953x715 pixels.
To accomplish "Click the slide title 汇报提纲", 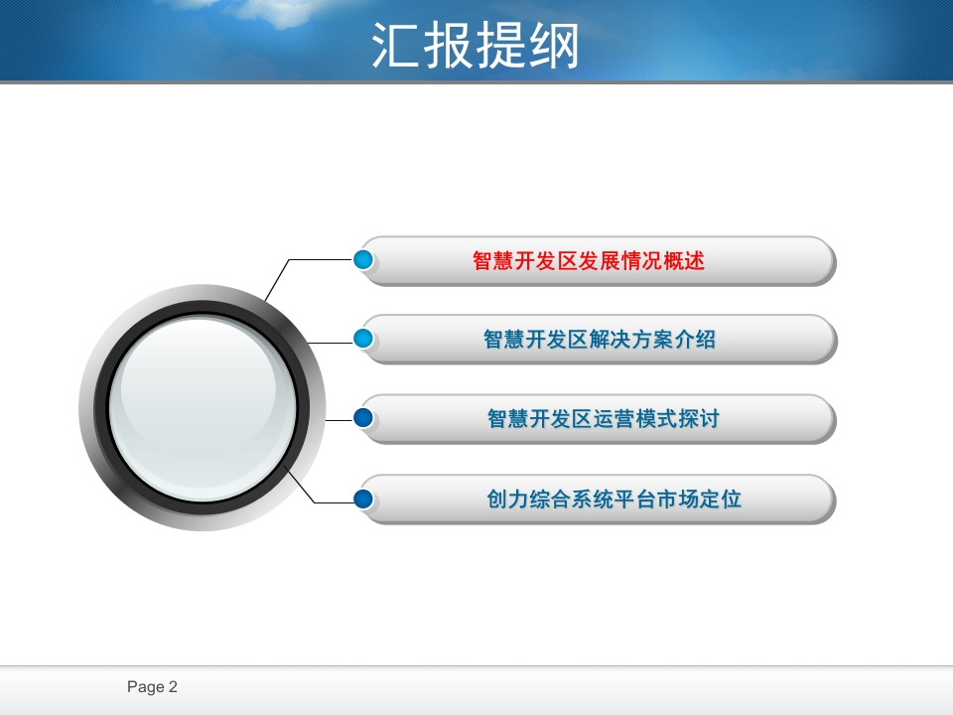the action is pyautogui.click(x=475, y=46).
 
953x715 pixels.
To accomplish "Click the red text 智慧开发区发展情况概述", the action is pyautogui.click(x=589, y=261).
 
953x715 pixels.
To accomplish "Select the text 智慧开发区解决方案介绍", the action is pyautogui.click(x=600, y=340).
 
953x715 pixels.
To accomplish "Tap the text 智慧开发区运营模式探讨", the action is pyautogui.click(x=604, y=419).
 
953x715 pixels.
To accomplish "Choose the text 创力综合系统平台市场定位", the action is pyautogui.click(x=613, y=500).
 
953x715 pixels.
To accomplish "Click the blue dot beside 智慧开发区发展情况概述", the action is pyautogui.click(x=363, y=259).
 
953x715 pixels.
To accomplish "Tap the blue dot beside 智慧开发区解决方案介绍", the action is pyautogui.click(x=363, y=338).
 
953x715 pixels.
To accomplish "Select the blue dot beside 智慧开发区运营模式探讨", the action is pyautogui.click(x=363, y=418).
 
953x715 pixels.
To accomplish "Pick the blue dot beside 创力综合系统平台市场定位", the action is pyautogui.click(x=363, y=499).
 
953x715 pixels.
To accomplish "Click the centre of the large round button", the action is pyautogui.click(x=203, y=407).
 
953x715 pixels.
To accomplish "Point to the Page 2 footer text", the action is pyautogui.click(x=152, y=687).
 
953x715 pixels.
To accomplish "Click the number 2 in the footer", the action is pyautogui.click(x=173, y=686).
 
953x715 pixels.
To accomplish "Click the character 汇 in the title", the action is pyautogui.click(x=395, y=46).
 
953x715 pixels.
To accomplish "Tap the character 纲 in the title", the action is pyautogui.click(x=554, y=46).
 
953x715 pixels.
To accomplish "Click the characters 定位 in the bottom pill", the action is pyautogui.click(x=721, y=500).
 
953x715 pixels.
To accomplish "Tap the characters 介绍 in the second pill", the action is pyautogui.click(x=695, y=340).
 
